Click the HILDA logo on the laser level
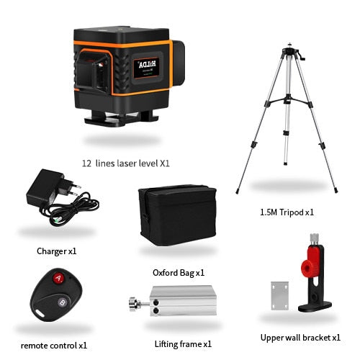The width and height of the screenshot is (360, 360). (147, 64)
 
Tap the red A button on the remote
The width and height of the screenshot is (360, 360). (58, 278)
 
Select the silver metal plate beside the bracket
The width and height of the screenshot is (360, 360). (279, 296)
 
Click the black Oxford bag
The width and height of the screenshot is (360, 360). (178, 215)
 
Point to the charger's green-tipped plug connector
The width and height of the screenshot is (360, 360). (57, 219)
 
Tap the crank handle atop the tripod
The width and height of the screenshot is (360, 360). (302, 56)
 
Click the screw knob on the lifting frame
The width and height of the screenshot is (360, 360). (133, 304)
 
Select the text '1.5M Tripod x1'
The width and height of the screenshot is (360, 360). (287, 212)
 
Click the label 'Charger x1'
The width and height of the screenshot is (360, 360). (57, 251)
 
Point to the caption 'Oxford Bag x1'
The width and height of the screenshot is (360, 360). (179, 273)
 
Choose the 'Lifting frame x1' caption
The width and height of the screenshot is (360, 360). (183, 344)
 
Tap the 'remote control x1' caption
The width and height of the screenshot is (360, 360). (54, 346)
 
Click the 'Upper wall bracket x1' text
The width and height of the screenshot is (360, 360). (300, 338)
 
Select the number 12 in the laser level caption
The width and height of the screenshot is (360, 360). (86, 163)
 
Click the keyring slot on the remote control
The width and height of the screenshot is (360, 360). (39, 313)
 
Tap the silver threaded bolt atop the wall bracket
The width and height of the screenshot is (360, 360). (314, 239)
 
